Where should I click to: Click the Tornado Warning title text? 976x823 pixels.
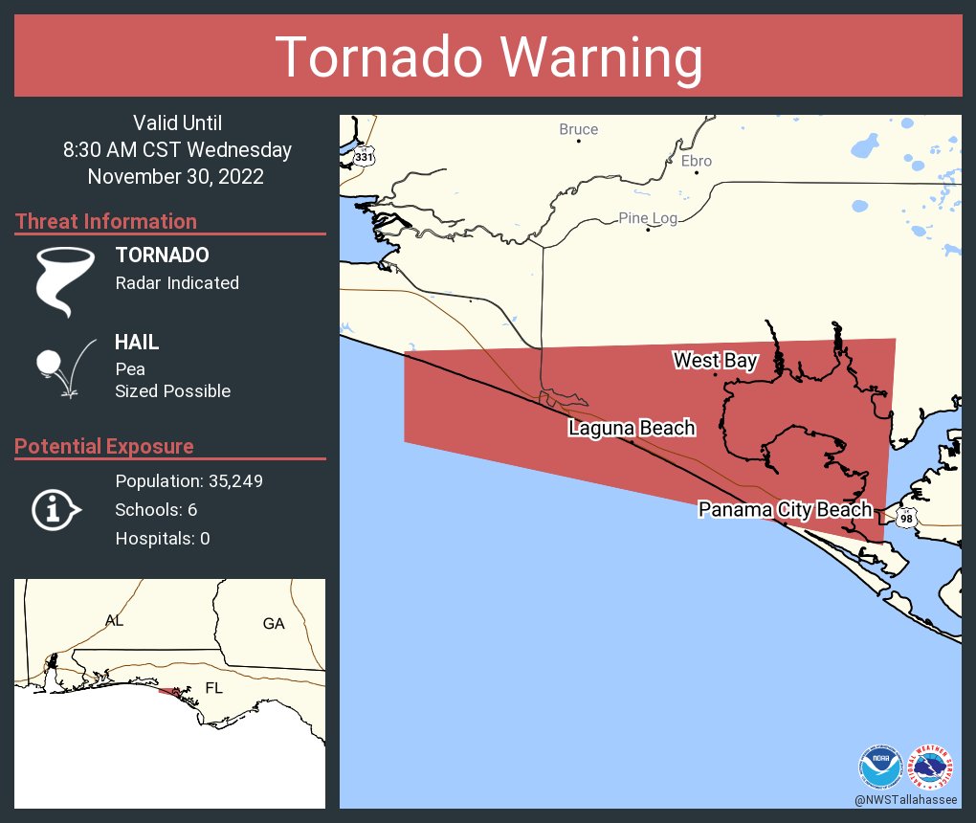(488, 57)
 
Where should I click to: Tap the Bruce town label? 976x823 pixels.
(578, 129)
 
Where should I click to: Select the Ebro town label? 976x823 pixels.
(696, 161)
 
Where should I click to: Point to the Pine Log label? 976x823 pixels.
(648, 218)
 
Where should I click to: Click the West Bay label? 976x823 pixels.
(715, 361)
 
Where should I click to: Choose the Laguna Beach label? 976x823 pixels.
(632, 428)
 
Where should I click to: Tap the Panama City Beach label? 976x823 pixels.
(785, 509)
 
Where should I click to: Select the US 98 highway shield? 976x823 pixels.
(906, 518)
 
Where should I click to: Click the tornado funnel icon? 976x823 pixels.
(65, 280)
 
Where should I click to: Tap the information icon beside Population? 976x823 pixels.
(55, 509)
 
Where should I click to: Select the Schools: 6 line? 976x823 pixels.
(156, 509)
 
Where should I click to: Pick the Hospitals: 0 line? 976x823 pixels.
(163, 538)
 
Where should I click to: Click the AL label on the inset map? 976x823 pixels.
(114, 621)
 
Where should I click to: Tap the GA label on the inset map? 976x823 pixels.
(274, 624)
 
